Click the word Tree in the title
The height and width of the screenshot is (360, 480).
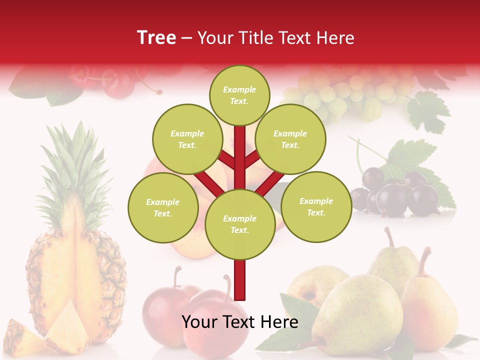point(156,37)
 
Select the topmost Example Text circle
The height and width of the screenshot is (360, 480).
point(239,95)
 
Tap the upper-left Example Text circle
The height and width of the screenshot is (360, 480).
point(187,139)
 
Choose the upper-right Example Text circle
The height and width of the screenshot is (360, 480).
point(290,139)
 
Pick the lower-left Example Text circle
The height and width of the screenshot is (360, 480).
point(162,207)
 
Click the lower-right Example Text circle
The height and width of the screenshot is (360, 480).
point(316,206)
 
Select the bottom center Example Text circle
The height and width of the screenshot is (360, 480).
point(239,224)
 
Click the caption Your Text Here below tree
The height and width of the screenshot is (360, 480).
point(240,322)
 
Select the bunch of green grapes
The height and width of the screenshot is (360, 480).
point(345,92)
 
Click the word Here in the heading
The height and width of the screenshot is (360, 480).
point(334,37)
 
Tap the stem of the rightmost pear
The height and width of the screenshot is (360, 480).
point(424,260)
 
